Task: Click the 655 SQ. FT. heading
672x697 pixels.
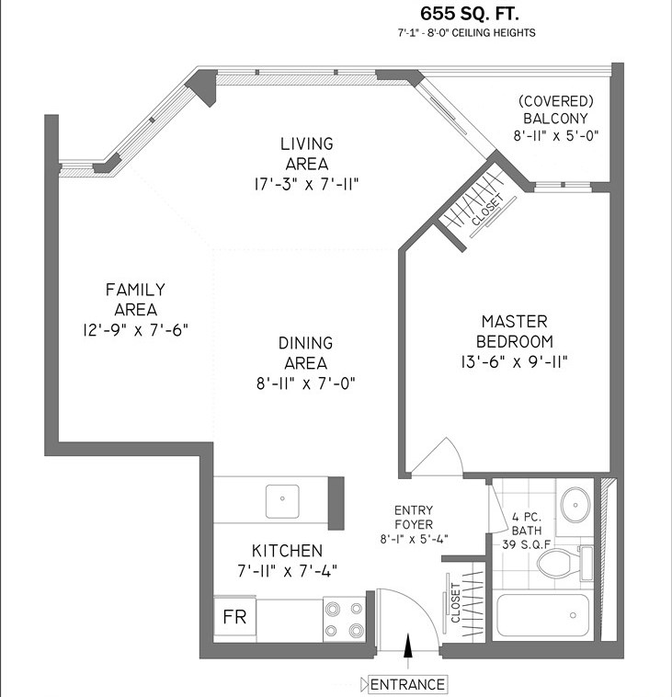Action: (x=470, y=14)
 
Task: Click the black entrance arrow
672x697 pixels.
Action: (x=408, y=646)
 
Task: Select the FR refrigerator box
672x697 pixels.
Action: (x=234, y=617)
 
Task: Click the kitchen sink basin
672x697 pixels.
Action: (x=282, y=501)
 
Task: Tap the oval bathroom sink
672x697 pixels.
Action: (x=575, y=505)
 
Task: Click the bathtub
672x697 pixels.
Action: (x=542, y=615)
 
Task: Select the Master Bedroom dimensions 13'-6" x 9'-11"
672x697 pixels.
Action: (x=514, y=362)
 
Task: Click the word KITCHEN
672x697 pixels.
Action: (x=287, y=551)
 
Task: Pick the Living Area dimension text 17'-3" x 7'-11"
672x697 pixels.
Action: (x=307, y=184)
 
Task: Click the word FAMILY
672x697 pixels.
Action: (x=135, y=290)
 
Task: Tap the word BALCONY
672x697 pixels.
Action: (x=555, y=119)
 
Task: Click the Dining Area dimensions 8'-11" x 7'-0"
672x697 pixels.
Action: (x=306, y=383)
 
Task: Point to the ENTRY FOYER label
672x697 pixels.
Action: (x=414, y=518)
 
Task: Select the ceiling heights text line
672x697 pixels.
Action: (x=467, y=33)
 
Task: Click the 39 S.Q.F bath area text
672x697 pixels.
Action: (x=526, y=544)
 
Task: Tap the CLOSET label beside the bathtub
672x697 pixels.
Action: (x=456, y=603)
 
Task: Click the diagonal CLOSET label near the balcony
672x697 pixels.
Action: (x=487, y=210)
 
